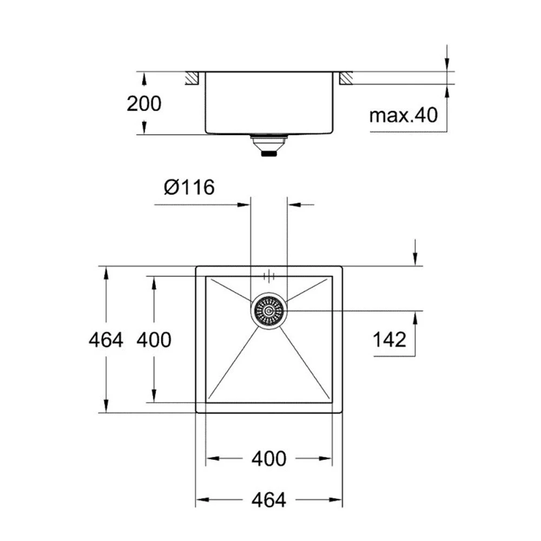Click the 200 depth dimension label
pyautogui.click(x=144, y=103)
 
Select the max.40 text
pyautogui.click(x=403, y=115)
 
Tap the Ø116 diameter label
pyautogui.click(x=189, y=187)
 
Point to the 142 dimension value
pyautogui.click(x=390, y=340)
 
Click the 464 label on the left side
pyautogui.click(x=106, y=340)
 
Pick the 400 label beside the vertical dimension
pyautogui.click(x=154, y=340)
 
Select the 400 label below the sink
pyautogui.click(x=269, y=459)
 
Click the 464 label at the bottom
pyautogui.click(x=269, y=500)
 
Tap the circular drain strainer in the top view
pyautogui.click(x=269, y=311)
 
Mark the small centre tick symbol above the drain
pyautogui.click(x=269, y=276)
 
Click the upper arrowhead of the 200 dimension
pyautogui.click(x=144, y=78)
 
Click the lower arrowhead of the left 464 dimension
pyautogui.click(x=107, y=406)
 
